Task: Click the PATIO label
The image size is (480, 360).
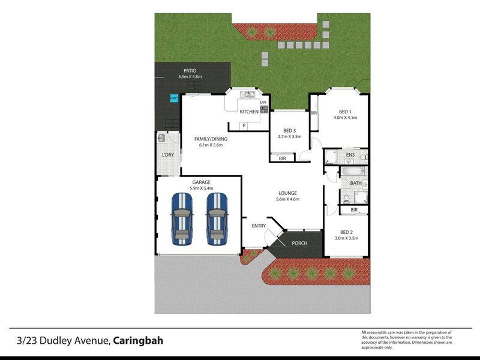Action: [x=190, y=71]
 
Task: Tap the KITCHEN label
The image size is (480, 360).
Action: [x=249, y=112]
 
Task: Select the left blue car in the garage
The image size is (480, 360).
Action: [x=182, y=219]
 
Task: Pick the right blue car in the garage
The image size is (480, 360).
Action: [x=217, y=219]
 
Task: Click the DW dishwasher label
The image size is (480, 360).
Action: [x=263, y=103]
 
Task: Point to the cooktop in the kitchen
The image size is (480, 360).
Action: [x=264, y=109]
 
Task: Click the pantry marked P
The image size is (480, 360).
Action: [x=244, y=125]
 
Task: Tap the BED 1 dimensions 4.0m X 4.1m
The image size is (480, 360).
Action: [x=346, y=118]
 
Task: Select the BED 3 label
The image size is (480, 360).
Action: [x=290, y=131]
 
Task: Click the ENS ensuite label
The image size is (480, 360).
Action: [x=350, y=155]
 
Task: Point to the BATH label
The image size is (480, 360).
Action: [x=356, y=183]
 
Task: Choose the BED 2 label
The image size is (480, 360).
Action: [x=346, y=232]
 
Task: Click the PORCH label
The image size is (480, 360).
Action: [x=299, y=243]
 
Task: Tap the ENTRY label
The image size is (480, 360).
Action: [x=259, y=226]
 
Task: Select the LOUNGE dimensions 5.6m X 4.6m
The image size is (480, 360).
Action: [x=288, y=199]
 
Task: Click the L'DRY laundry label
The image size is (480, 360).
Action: [x=168, y=155]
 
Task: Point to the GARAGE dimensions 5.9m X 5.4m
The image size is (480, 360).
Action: [x=202, y=188]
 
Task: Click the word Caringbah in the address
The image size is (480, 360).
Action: [x=138, y=341]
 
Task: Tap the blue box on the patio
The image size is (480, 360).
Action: [x=174, y=98]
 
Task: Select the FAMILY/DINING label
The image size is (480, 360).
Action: [x=211, y=139]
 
